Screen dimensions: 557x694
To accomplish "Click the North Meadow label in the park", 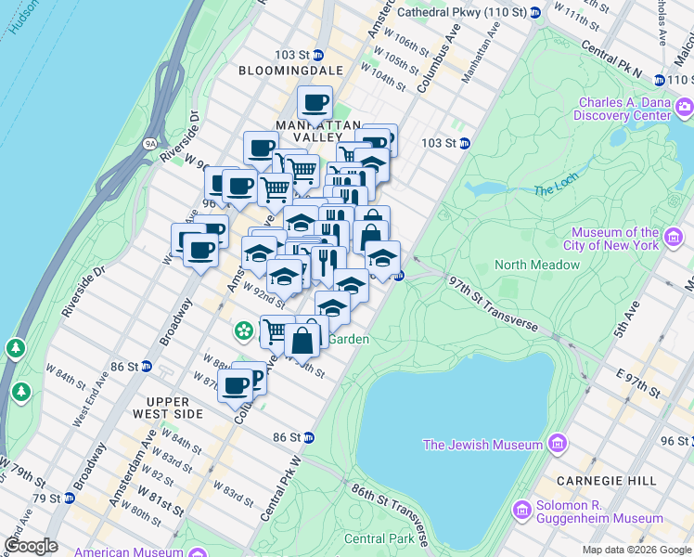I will pos(537,265).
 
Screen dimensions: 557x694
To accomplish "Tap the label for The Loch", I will pos(556,190).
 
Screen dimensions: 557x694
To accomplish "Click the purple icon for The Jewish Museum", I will pos(557,444).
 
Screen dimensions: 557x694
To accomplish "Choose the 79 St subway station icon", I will pos(68,499).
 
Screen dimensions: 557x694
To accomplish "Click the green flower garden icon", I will pos(243,330).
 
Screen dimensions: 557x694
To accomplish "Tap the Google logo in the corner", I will pos(31,546).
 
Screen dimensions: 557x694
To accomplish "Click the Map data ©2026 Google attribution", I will pos(636,550).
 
